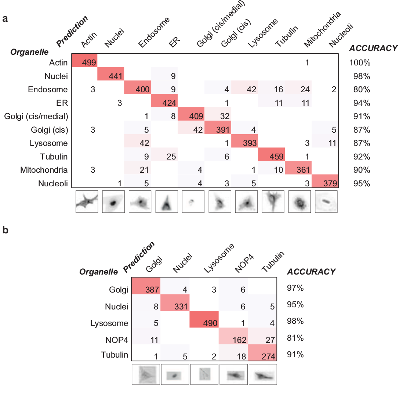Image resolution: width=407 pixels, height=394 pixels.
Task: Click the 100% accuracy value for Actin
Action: coord(360,62)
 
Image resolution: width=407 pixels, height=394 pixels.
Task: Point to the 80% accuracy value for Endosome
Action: coord(360,89)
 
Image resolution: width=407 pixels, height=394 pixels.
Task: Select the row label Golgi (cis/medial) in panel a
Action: coord(36,116)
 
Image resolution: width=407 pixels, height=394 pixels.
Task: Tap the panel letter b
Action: coord(6,230)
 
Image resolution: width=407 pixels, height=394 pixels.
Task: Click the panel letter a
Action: coord(5,19)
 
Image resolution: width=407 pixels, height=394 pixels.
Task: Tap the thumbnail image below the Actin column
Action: coord(87,201)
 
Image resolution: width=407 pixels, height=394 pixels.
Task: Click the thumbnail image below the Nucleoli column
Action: coord(326,201)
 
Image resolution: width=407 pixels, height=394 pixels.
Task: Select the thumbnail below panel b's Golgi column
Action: coord(146,374)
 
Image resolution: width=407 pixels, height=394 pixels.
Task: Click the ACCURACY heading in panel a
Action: coord(373,48)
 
